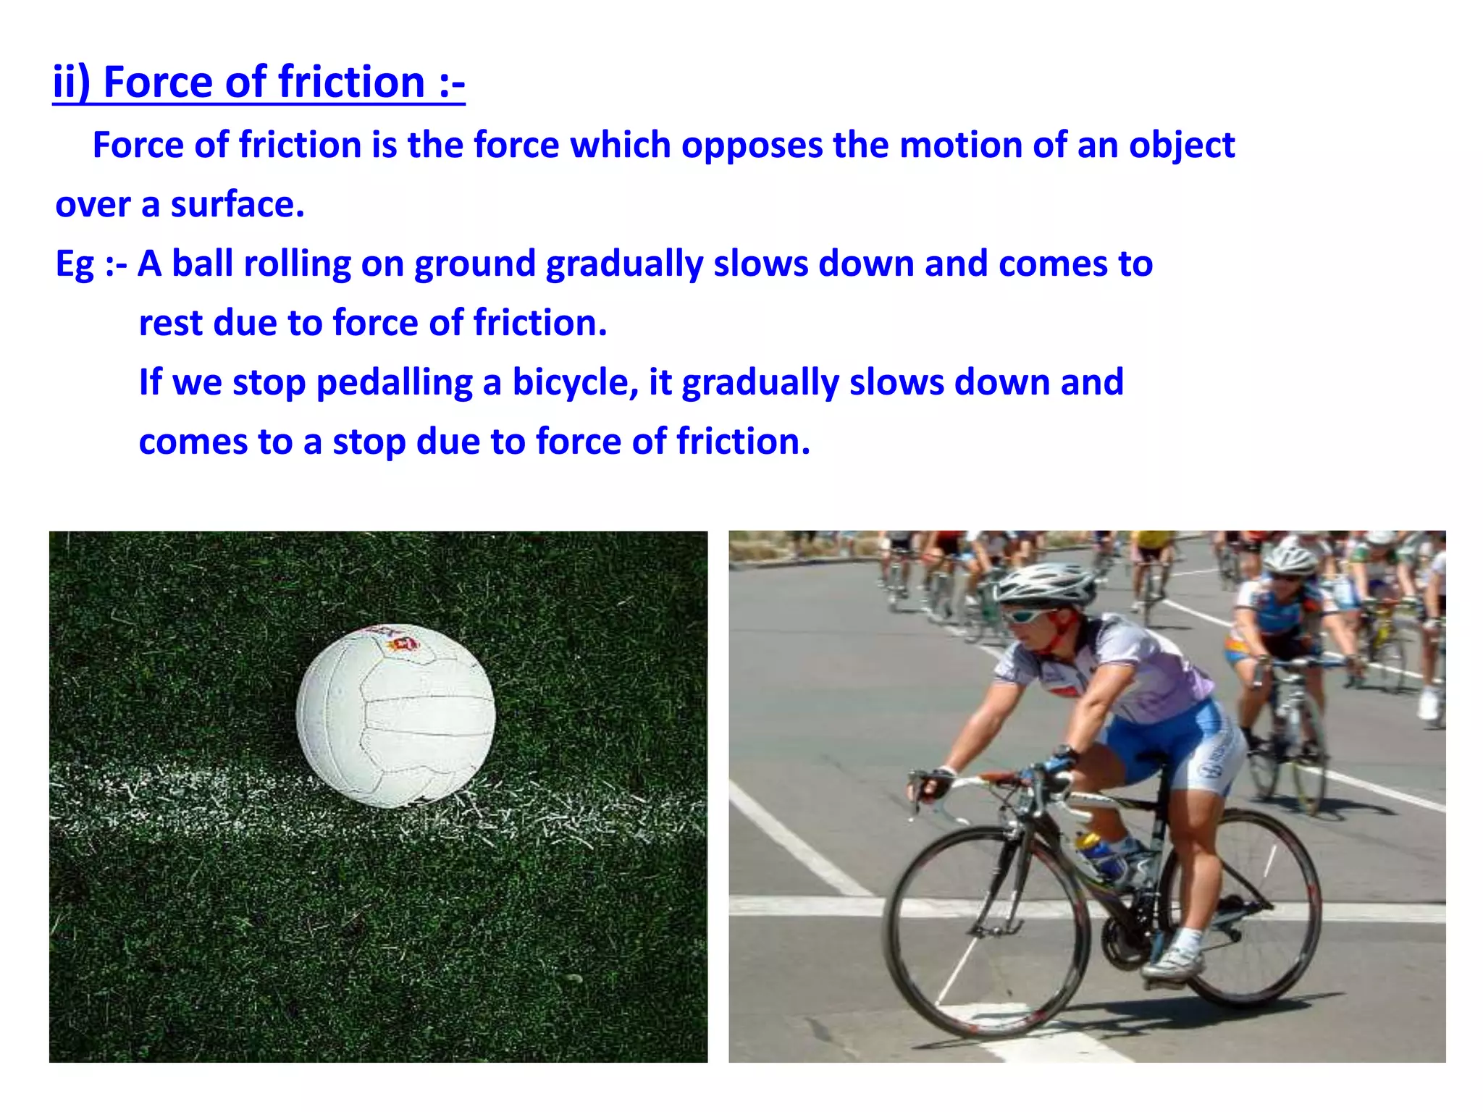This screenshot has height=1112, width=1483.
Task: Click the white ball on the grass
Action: pos(395,715)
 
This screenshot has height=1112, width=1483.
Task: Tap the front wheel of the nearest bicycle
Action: pos(988,934)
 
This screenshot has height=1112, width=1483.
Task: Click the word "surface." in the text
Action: pos(238,204)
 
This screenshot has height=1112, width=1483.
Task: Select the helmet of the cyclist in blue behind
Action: pos(1290,559)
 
